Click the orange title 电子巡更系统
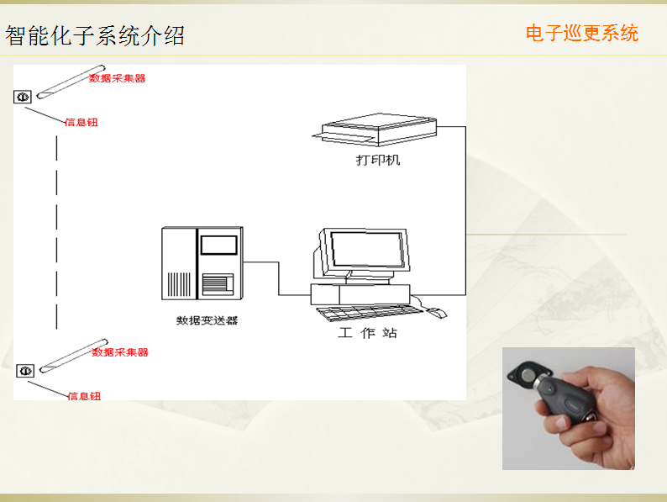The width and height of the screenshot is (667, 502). point(582,33)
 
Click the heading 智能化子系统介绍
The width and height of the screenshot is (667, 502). point(95,35)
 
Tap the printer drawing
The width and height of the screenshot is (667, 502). point(375,129)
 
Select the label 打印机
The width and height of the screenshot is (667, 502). point(378,160)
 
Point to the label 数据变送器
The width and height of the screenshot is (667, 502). point(207,320)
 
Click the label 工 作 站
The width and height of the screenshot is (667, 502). point(368,332)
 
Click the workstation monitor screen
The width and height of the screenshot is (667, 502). point(366,249)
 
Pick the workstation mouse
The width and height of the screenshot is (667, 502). point(437,313)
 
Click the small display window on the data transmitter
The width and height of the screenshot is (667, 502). point(219,246)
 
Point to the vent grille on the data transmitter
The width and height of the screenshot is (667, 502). point(179,284)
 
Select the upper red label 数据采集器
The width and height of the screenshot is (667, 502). point(118,78)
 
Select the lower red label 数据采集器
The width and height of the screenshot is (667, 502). point(120,352)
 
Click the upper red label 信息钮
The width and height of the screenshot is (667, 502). point(81,123)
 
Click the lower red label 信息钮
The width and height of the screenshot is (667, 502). point(84,396)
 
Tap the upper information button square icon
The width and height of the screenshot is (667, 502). point(23,97)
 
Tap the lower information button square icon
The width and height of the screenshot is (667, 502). point(25,371)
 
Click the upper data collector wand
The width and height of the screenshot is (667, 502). point(71,82)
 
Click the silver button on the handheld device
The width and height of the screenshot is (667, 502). point(528,375)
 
